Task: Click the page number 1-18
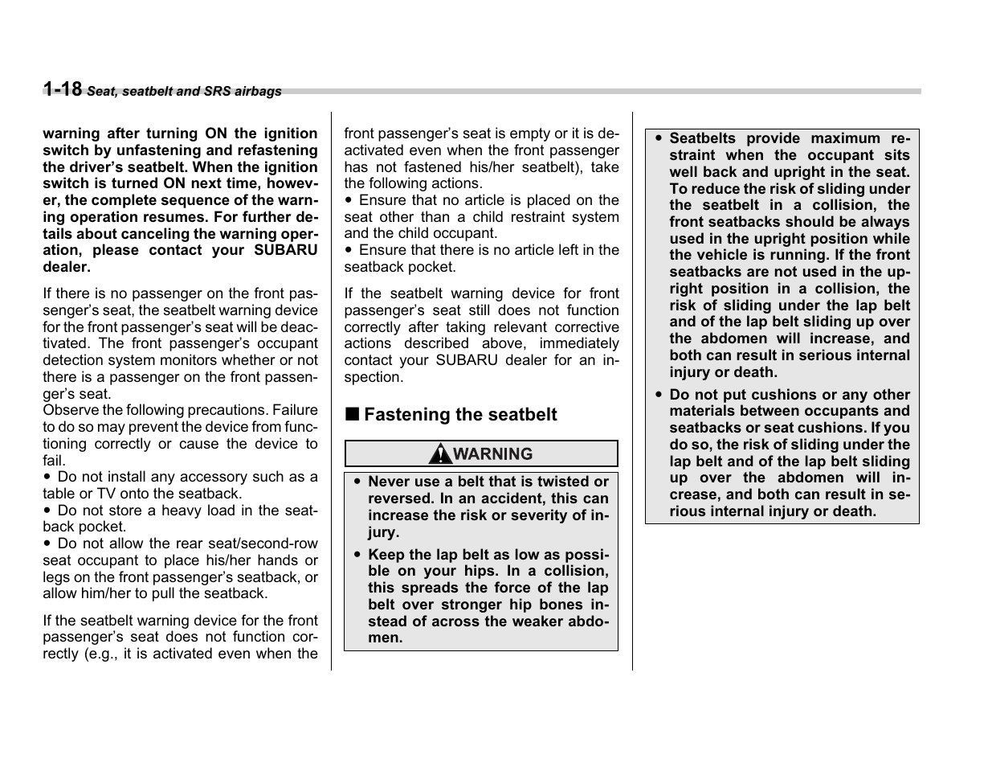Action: (63, 89)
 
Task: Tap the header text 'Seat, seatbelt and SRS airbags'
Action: (184, 92)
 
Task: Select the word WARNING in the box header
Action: (492, 454)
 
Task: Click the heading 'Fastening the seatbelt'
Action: (460, 415)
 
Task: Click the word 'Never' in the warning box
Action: (389, 482)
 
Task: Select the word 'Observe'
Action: (70, 410)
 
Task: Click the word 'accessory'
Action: (213, 477)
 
